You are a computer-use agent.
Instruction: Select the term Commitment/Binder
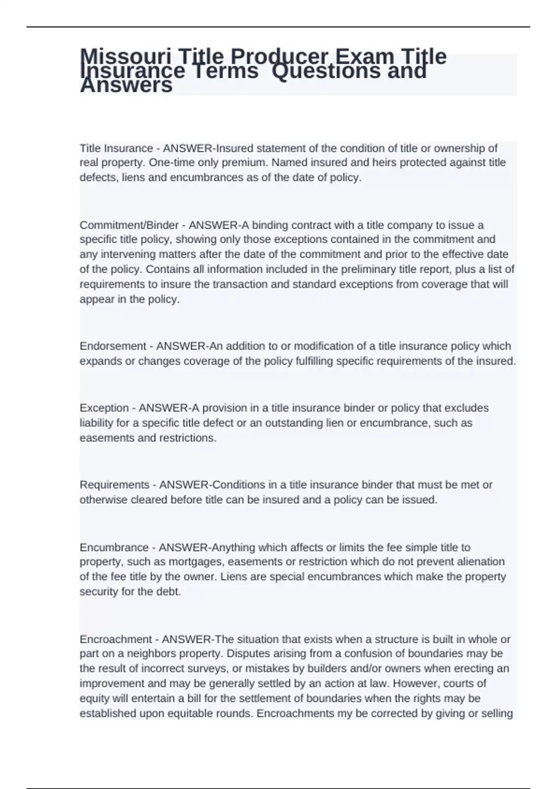coord(129,225)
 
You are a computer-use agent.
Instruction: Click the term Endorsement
coord(113,346)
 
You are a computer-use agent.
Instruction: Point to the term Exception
coord(104,408)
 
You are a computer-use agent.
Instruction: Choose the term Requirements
coord(114,485)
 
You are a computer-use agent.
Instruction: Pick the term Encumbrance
coord(114,548)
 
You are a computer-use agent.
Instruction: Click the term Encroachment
coord(116,640)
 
